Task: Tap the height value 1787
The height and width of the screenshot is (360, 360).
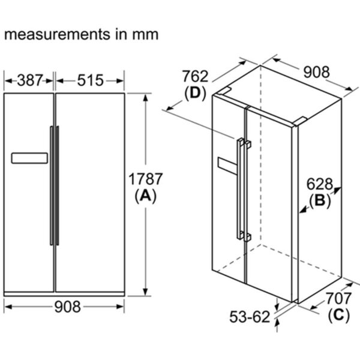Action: (146, 179)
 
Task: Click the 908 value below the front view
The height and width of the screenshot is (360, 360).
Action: (64, 307)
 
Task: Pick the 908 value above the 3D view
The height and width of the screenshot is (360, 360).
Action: (315, 72)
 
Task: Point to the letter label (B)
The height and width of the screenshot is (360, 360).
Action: (320, 201)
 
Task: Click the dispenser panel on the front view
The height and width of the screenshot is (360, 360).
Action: (29, 158)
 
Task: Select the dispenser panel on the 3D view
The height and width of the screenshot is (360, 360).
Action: (227, 165)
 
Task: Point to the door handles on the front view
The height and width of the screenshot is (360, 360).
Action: (54, 185)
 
